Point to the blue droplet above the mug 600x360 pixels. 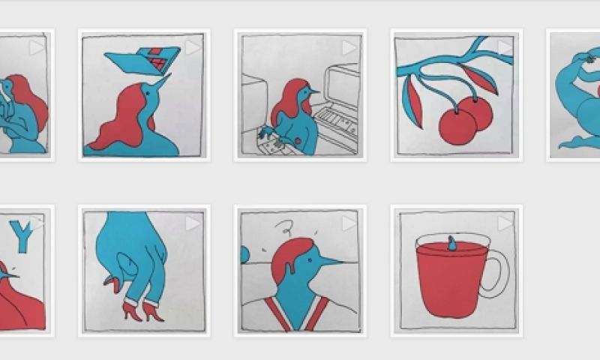point(452,243)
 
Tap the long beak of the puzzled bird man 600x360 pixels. point(330,262)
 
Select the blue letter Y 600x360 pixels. point(23,236)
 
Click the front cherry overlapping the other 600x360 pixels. point(457,127)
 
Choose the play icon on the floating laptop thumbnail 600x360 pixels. point(193,48)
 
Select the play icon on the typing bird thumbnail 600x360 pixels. point(349,48)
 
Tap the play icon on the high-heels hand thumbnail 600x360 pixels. point(193,223)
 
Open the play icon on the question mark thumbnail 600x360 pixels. point(349,223)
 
